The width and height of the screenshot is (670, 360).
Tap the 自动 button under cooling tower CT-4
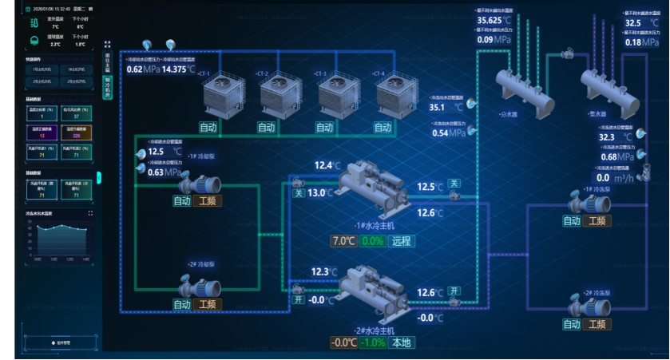[x=383, y=128]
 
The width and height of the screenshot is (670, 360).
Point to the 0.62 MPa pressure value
[x=144, y=69]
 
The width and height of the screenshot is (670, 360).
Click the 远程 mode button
[x=401, y=241]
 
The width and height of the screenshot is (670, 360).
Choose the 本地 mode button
[x=402, y=343]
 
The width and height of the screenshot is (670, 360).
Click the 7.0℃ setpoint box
[x=343, y=241]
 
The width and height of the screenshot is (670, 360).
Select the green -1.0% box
[x=372, y=343]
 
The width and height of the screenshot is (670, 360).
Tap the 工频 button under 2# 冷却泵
[x=208, y=304]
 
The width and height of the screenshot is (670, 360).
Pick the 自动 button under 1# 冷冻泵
[x=572, y=221]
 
